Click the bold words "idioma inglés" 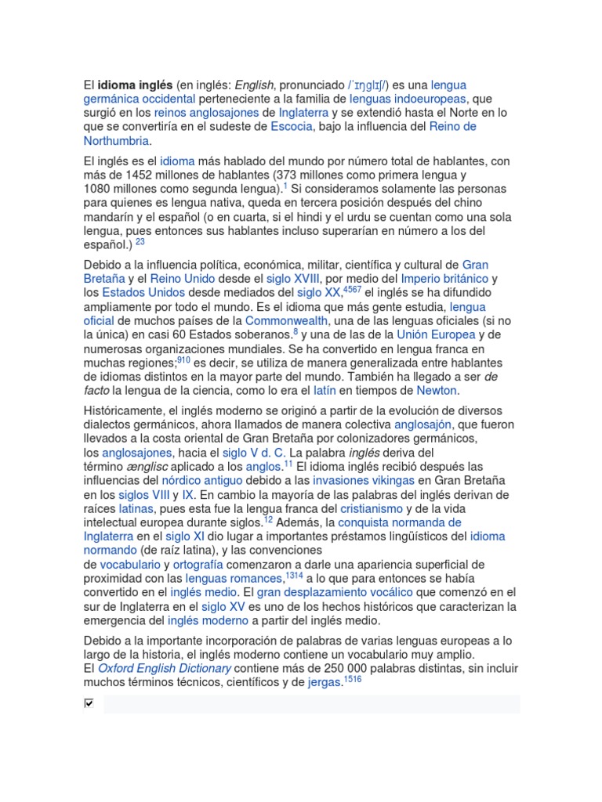[134, 85]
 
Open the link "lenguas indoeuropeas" [408, 99]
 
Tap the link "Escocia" [291, 127]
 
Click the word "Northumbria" [116, 141]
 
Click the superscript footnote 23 [140, 242]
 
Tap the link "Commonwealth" [287, 321]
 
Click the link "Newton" [437, 391]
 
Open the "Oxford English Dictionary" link [164, 669]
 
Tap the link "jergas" [324, 683]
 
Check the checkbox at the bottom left [89, 703]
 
